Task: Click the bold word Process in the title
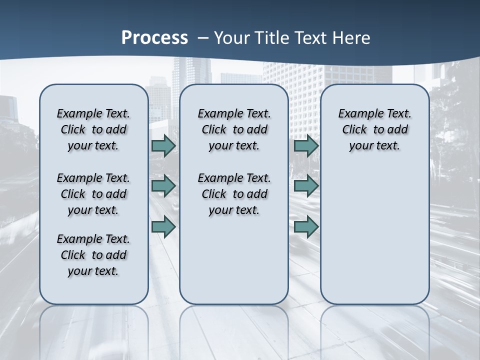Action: coord(154,38)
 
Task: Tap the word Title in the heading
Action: coord(269,38)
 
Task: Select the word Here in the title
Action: coord(351,38)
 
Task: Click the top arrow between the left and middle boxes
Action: coord(163,145)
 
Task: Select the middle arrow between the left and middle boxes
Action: coord(163,186)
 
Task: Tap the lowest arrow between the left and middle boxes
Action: coord(163,227)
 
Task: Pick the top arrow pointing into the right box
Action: coord(306,145)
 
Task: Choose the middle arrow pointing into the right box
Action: coord(306,186)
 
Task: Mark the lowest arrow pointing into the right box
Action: coord(306,227)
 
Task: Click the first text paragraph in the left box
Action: coord(93,129)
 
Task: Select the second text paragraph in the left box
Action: coord(93,194)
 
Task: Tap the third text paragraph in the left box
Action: coord(93,255)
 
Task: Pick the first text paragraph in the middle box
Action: coord(234,129)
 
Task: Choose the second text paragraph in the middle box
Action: coord(234,194)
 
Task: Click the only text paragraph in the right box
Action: coord(374,129)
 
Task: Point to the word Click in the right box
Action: coord(354,130)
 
